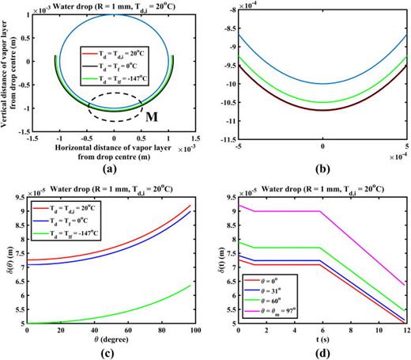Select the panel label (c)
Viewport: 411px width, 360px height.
point(112,350)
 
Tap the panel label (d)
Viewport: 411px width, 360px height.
point(322,350)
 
